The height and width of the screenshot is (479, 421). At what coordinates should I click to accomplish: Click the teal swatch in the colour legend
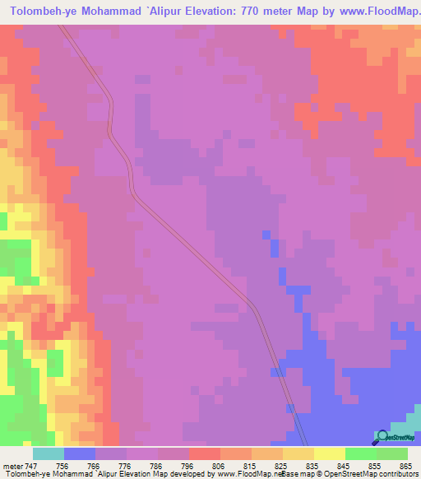click(49, 453)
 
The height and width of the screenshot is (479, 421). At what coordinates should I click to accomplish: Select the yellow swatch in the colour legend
click(330, 453)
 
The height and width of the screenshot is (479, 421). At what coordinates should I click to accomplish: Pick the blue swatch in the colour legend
click(80, 453)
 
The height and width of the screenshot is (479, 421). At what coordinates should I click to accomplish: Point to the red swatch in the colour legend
click(205, 453)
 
